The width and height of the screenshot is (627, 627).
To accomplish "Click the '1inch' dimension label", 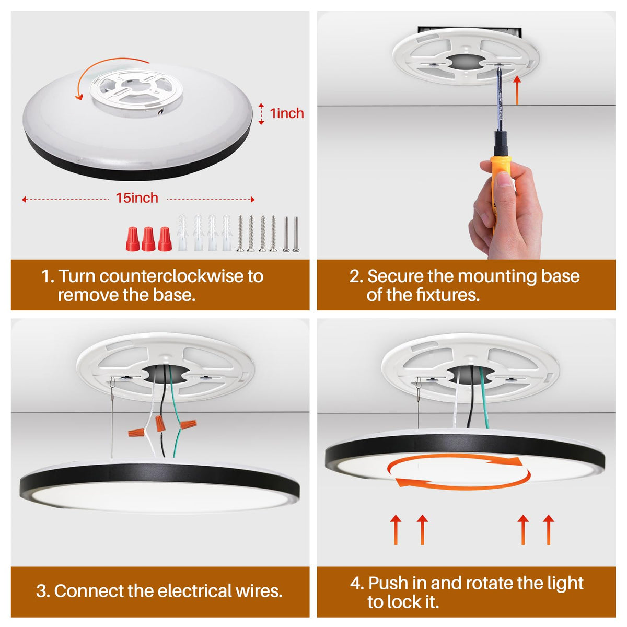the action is pyautogui.click(x=287, y=113).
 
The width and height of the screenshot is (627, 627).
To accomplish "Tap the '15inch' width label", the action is pyautogui.click(x=137, y=198).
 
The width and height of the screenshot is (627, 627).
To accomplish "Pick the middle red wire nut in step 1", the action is pyautogui.click(x=148, y=239).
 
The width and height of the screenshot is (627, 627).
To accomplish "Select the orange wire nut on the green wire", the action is pyautogui.click(x=188, y=424).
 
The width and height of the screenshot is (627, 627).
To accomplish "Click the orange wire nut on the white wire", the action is pyautogui.click(x=136, y=433).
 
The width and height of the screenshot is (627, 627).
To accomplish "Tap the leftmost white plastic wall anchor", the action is pyautogui.click(x=182, y=233).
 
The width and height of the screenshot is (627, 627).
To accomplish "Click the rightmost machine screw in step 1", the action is pyautogui.click(x=295, y=234).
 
